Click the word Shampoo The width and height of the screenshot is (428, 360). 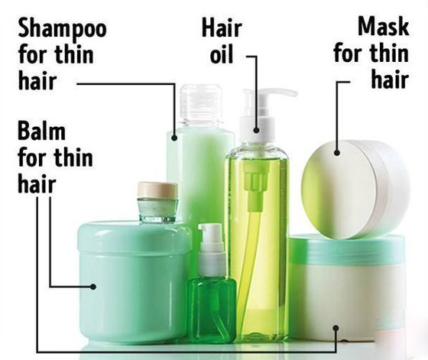(62, 28)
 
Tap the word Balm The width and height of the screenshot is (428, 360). (41, 131)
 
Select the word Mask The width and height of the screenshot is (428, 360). (384, 26)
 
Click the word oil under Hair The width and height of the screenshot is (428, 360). (222, 54)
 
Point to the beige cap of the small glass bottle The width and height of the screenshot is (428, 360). (157, 190)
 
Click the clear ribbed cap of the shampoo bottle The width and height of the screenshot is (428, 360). (201, 105)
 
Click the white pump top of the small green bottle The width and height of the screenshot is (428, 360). (212, 248)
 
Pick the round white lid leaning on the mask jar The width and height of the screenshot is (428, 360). (355, 190)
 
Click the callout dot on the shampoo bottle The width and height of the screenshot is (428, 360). (174, 138)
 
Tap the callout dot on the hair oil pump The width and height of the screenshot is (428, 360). (256, 130)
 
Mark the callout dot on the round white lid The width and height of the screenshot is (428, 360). (337, 153)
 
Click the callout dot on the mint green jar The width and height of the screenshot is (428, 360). (93, 287)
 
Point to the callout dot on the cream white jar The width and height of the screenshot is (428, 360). (336, 328)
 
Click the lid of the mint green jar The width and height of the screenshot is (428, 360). (135, 237)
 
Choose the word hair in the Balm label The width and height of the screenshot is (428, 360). (37, 183)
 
